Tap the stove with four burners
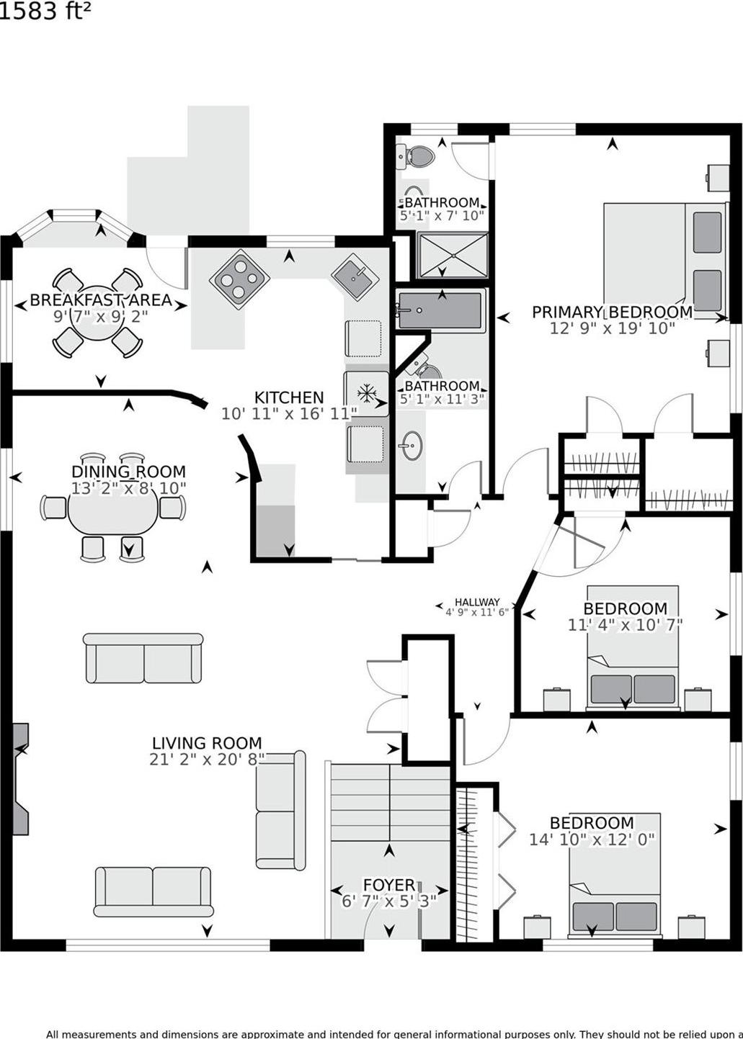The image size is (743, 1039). coord(239,279)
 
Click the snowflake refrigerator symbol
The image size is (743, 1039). coord(367,393)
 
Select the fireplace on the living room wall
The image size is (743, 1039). coord(21,778)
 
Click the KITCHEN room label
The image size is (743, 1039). coord(289,397)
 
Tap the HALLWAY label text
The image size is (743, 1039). coord(477,602)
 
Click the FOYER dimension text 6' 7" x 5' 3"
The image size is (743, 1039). coord(389,901)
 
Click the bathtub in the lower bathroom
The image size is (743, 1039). coord(440,311)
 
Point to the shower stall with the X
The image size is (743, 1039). coord(453,255)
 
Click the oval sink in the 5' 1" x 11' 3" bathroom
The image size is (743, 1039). coord(411,447)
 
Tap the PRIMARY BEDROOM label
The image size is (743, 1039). coord(612,312)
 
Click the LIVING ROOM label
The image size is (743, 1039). coord(207,743)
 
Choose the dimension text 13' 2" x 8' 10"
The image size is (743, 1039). coord(129,488)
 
